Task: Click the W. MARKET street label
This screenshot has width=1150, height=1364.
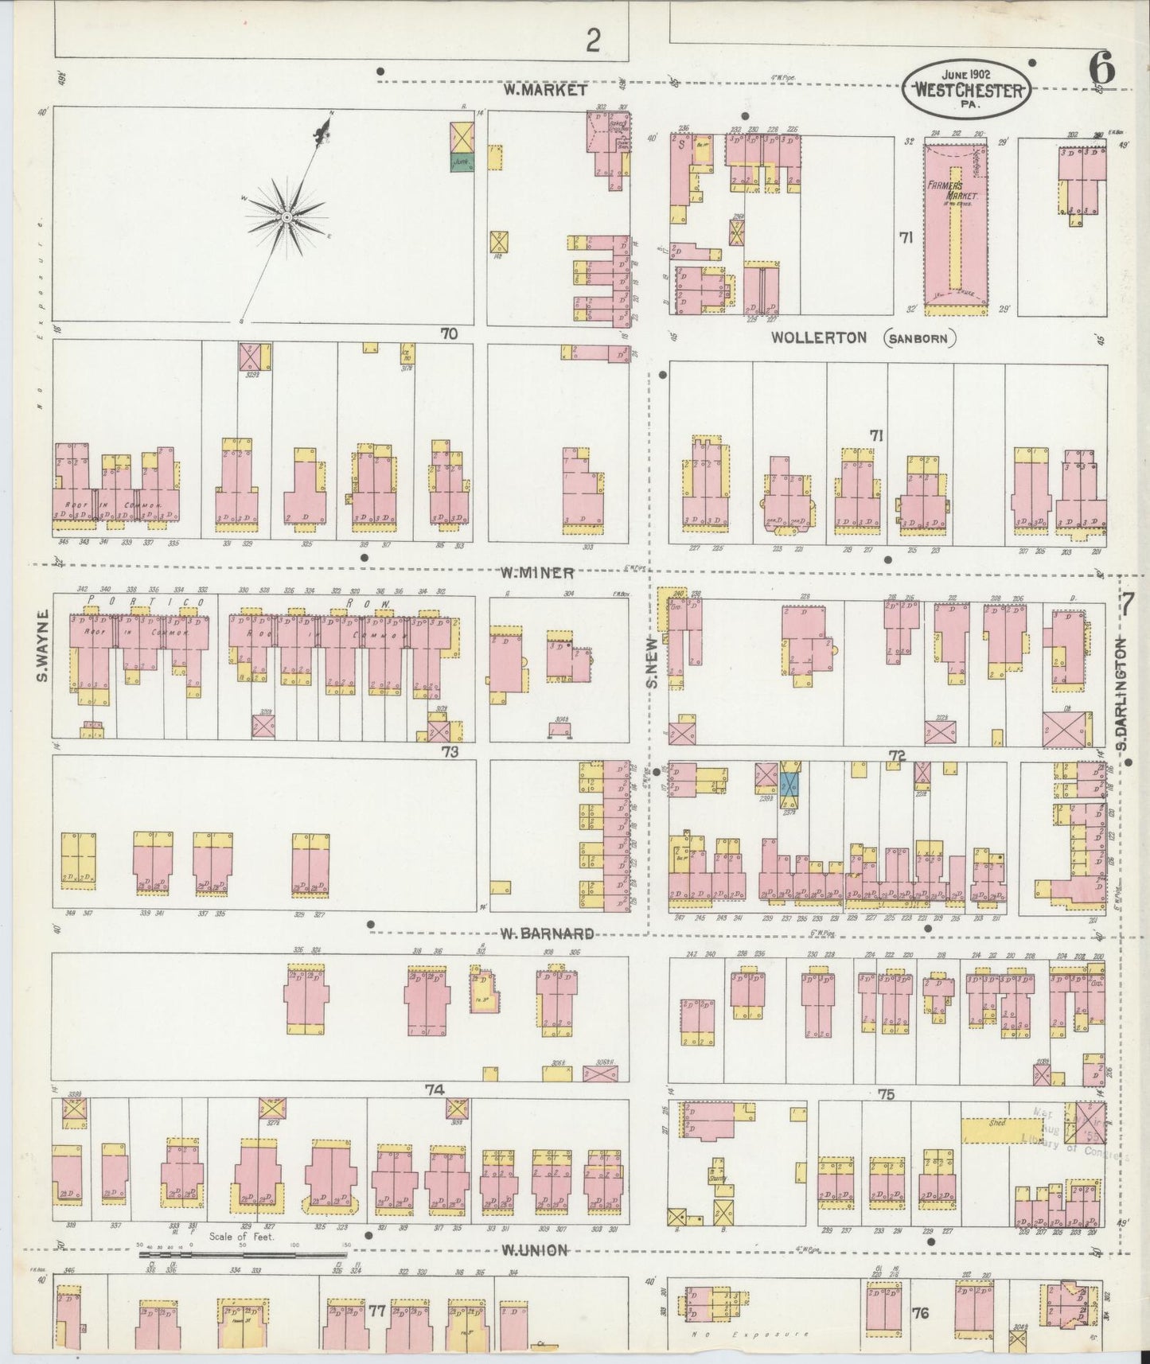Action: (x=545, y=90)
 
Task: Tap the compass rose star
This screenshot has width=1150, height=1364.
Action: (x=286, y=216)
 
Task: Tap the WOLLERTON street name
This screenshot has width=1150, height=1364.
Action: (x=818, y=337)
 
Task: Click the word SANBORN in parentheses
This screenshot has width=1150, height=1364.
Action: (x=919, y=338)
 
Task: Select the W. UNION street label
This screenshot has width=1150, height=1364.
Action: (x=535, y=1249)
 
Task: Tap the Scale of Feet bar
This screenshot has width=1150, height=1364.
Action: (x=243, y=1254)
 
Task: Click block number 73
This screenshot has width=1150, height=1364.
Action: (x=450, y=750)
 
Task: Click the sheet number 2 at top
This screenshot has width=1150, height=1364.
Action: (x=592, y=41)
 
